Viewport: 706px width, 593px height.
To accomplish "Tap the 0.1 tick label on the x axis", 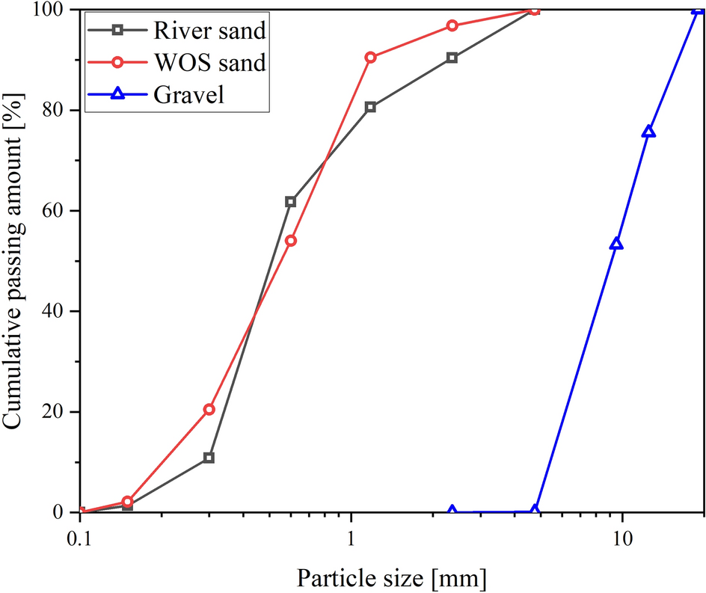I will click(x=80, y=538).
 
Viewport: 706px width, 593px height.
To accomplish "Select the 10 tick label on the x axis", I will click(x=621, y=538).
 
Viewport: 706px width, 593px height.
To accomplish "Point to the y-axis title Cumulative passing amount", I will click(x=15, y=261).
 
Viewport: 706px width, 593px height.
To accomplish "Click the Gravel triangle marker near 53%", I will click(x=616, y=244).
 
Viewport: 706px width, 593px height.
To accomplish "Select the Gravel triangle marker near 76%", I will click(x=648, y=132).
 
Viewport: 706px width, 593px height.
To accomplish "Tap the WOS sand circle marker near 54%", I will click(x=291, y=241).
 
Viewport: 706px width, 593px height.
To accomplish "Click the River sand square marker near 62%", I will click(x=290, y=202).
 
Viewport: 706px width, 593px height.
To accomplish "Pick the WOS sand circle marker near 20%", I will click(x=209, y=409).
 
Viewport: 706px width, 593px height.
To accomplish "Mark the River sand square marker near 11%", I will click(x=209, y=458).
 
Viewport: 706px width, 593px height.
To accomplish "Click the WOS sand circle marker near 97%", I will click(x=452, y=25).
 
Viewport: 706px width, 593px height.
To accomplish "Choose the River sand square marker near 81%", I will click(x=370, y=107).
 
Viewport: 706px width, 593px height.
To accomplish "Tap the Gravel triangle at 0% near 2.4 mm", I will click(x=452, y=511).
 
